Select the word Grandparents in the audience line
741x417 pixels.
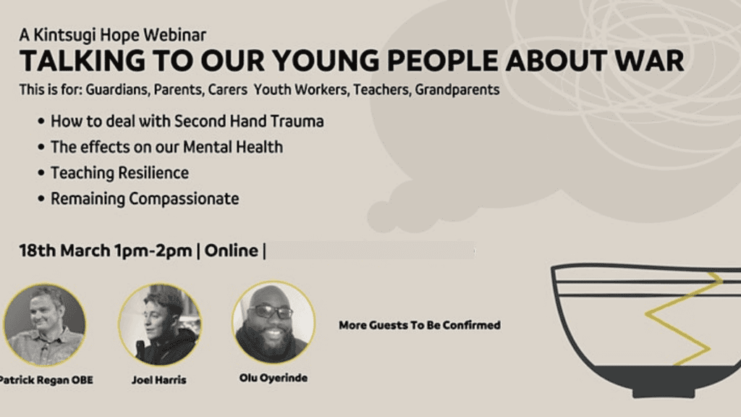[457, 89]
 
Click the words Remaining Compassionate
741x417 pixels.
[145, 198]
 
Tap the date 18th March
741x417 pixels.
[64, 250]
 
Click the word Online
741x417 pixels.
[231, 250]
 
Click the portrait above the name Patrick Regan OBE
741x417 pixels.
[45, 325]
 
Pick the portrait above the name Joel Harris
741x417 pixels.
[160, 325]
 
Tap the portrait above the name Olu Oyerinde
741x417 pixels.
[274, 322]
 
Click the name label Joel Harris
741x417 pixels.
[158, 380]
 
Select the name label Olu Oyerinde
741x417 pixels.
[273, 378]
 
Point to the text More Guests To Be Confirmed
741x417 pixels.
[420, 325]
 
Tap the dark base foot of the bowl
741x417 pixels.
[664, 392]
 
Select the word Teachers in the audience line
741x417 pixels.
[381, 89]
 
